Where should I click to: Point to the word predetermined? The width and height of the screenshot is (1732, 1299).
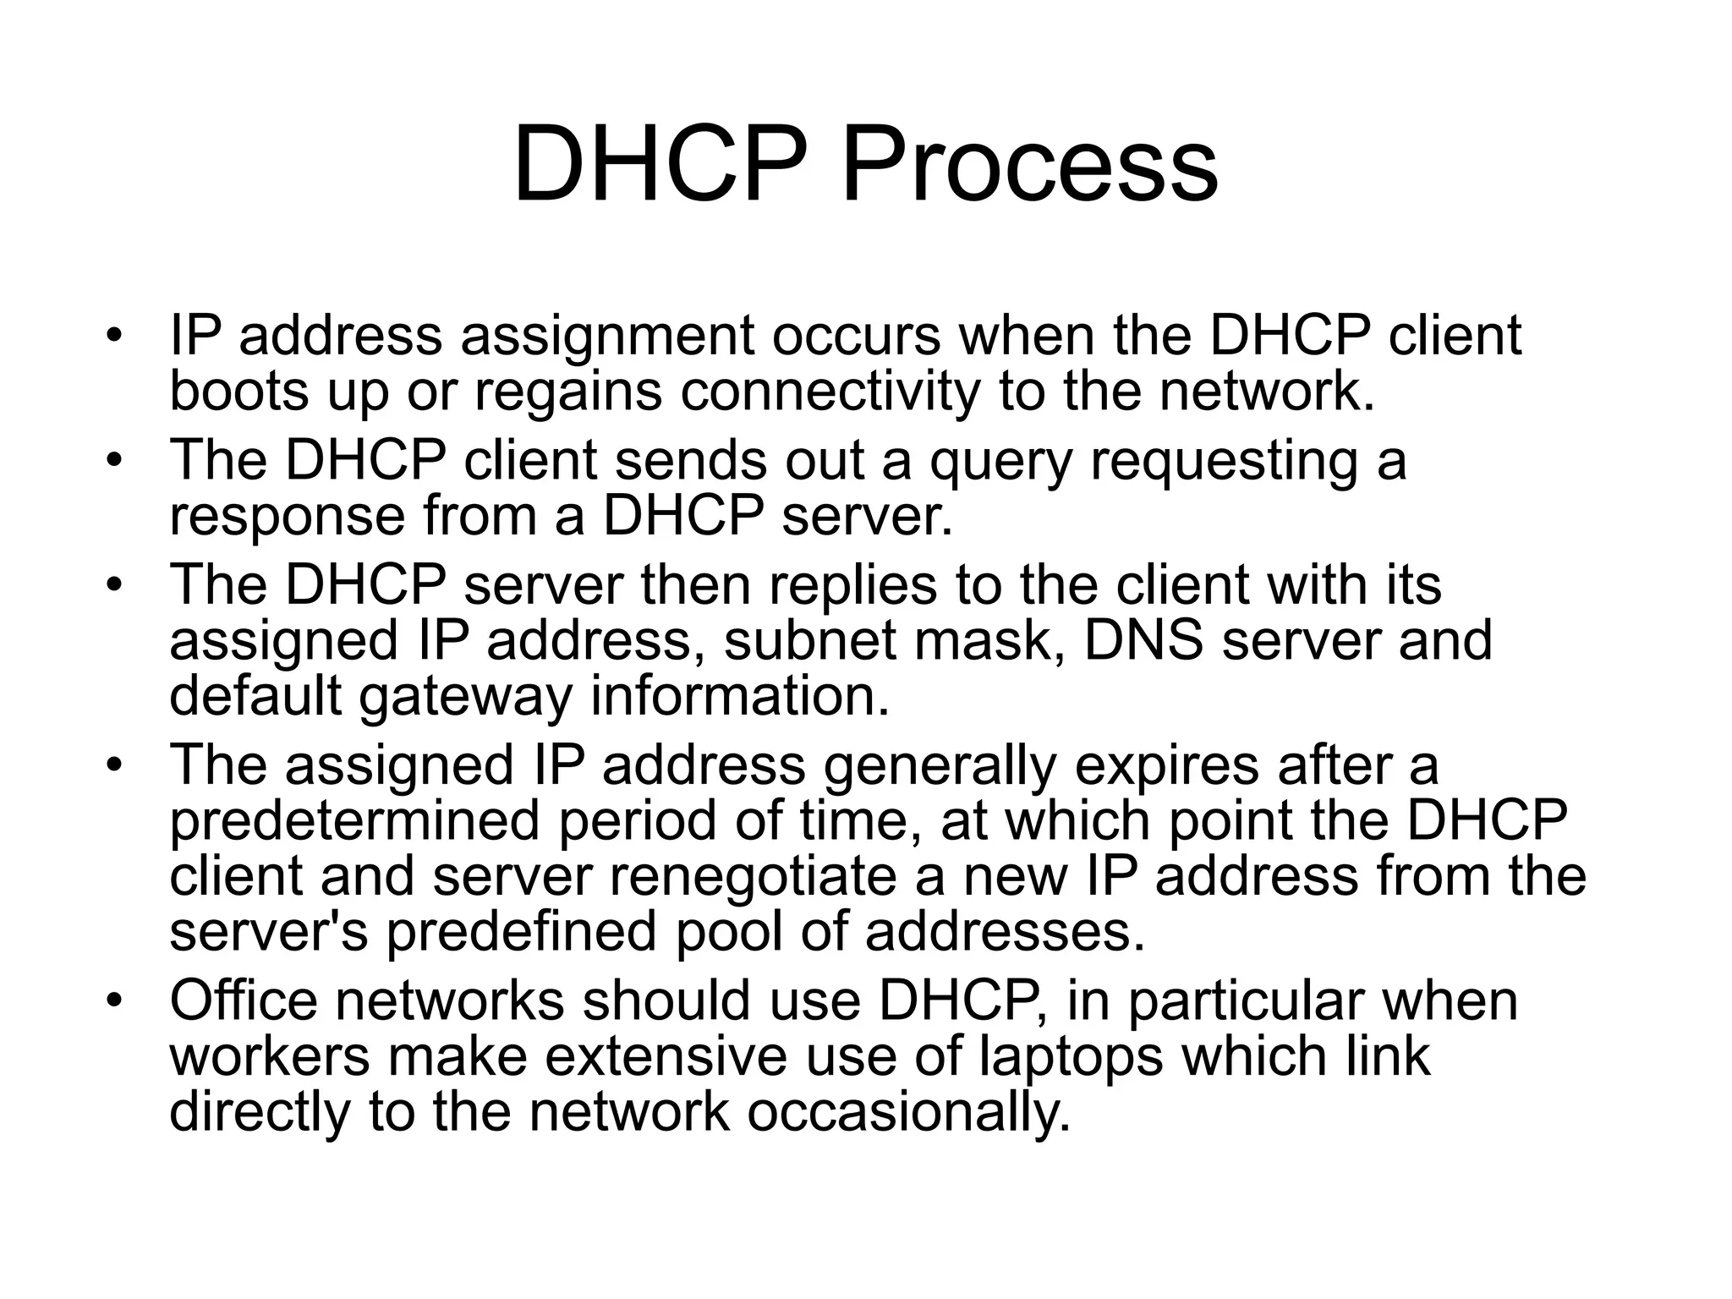click(354, 821)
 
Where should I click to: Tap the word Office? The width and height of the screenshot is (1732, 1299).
click(244, 1000)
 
